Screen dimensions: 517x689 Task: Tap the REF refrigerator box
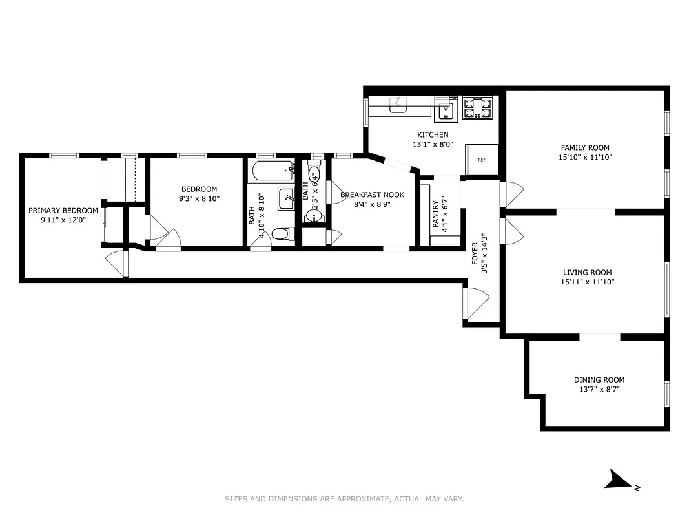pos(481,160)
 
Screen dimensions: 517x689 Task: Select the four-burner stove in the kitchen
pos(478,109)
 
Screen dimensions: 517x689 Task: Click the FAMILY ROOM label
pos(584,148)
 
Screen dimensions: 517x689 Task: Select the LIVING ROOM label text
pos(586,273)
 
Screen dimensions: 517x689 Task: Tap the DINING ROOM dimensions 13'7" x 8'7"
pos(599,390)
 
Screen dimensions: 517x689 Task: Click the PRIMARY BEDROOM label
pos(63,211)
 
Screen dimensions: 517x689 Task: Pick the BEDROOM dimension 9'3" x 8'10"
pos(200,199)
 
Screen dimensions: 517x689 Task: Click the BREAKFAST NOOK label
pos(372,195)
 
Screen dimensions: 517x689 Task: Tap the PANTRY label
pos(436,214)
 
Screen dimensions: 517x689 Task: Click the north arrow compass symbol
pos(619,480)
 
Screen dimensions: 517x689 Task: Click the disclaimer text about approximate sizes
pos(344,499)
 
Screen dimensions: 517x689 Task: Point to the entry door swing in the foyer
pos(477,304)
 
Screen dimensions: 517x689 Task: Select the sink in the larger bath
pos(286,198)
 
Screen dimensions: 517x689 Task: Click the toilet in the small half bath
pos(313,175)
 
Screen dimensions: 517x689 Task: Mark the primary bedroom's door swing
pos(115,264)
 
